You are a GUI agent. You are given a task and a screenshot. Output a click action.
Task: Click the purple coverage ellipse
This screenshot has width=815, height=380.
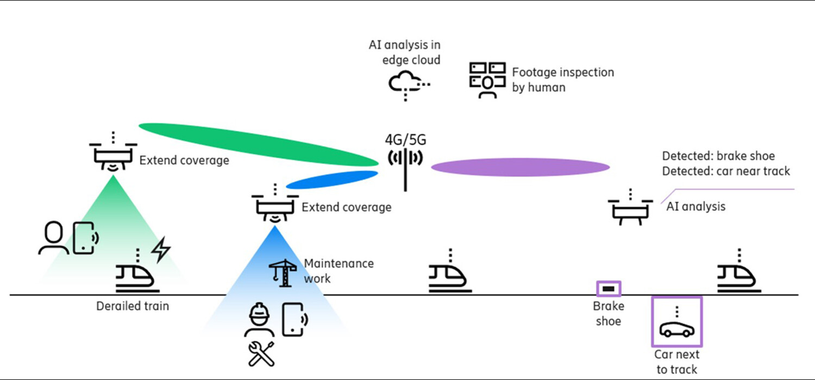[520, 167]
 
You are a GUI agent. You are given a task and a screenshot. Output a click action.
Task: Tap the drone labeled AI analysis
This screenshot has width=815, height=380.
[630, 210]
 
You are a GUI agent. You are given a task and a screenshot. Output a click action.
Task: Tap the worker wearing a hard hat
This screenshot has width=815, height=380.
[260, 320]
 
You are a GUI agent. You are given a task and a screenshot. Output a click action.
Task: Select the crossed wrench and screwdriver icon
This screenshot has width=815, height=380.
[260, 354]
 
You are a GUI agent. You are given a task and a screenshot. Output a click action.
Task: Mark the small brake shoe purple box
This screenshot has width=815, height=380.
[609, 289]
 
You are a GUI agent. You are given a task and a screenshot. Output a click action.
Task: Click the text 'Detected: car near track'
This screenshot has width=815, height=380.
[725, 171]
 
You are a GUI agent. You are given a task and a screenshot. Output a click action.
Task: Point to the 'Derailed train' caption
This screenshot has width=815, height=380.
[133, 306]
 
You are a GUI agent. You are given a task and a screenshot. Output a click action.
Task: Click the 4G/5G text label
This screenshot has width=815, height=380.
[405, 140]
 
